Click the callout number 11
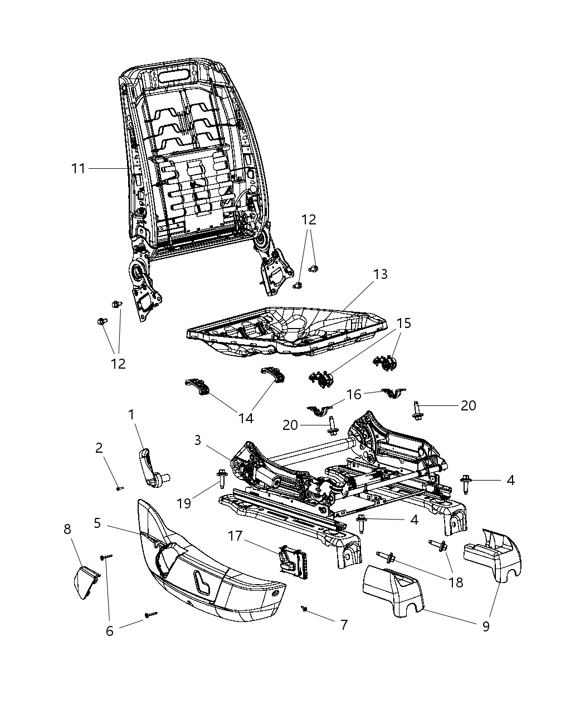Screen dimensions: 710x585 tap(78, 168)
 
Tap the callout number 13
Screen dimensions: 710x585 tap(381, 275)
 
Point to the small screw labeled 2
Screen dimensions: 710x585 tap(119, 488)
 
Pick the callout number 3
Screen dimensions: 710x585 tap(198, 440)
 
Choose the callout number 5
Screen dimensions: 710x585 tap(97, 523)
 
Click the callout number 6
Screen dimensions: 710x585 tap(110, 631)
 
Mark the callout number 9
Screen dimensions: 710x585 tap(486, 626)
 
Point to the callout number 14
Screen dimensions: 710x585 tap(246, 418)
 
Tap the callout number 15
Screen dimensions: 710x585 tap(404, 324)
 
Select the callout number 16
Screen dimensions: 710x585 tap(354, 395)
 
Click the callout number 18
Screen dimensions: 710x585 tap(456, 582)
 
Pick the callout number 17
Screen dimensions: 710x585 tap(235, 536)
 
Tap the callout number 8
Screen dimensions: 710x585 tap(67, 529)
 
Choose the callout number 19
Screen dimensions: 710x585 tap(184, 503)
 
